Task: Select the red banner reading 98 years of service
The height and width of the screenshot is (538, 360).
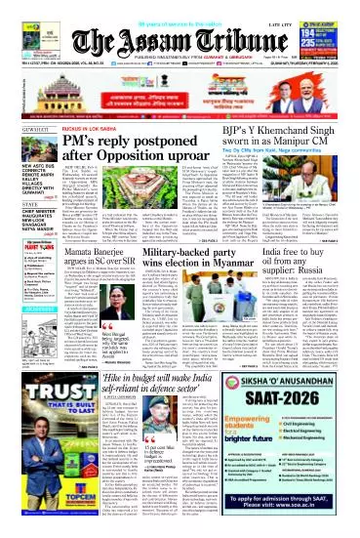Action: click(x=180, y=8)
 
